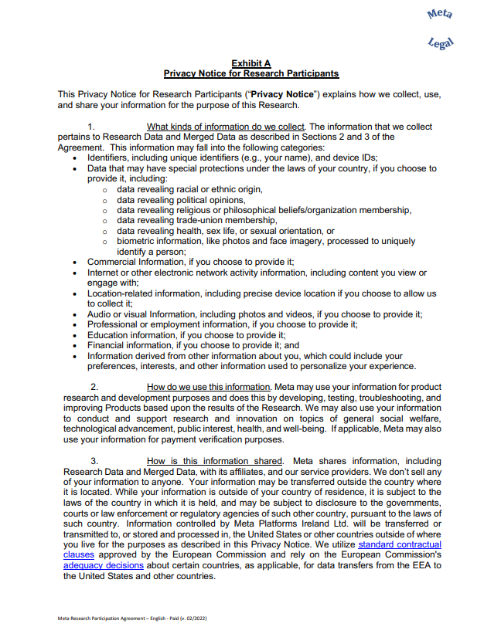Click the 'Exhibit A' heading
click(250, 63)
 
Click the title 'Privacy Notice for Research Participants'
click(250, 73)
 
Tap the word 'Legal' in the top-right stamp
click(441, 44)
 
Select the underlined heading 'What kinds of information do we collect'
click(227, 127)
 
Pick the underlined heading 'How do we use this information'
click(208, 387)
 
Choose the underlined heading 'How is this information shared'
click(214, 462)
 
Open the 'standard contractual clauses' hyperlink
click(399, 544)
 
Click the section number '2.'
click(94, 387)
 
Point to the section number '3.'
click(94, 462)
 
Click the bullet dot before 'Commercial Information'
click(74, 263)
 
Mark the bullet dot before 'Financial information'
click(74, 346)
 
